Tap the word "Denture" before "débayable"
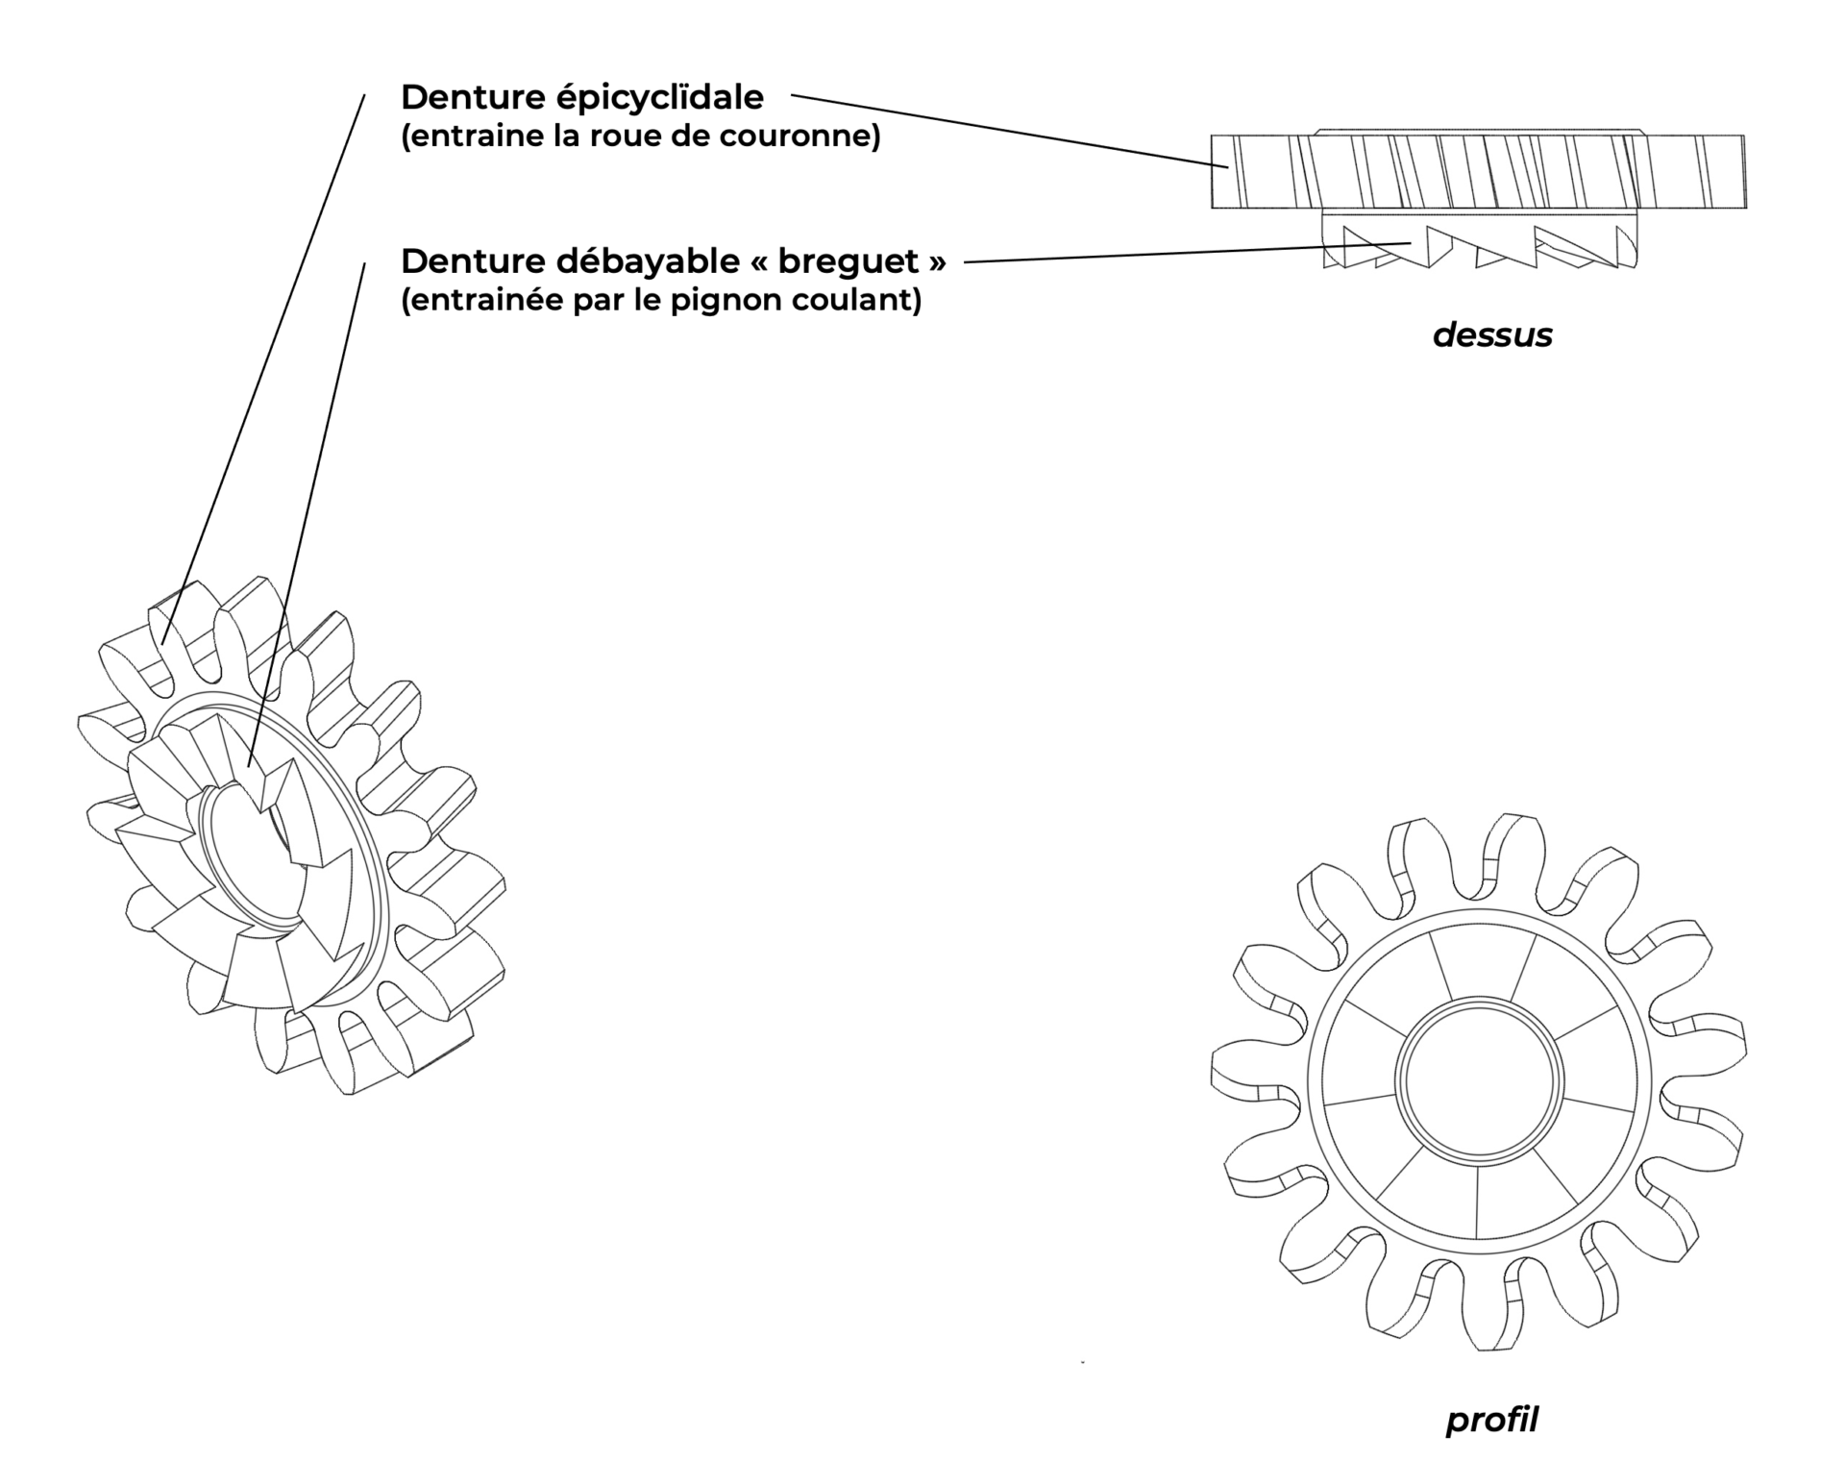pyautogui.click(x=470, y=261)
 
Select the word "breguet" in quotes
pyautogui.click(x=848, y=261)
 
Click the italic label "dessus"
pyautogui.click(x=1491, y=335)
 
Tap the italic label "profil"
pyautogui.click(x=1491, y=1420)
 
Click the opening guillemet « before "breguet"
pyautogui.click(x=760, y=261)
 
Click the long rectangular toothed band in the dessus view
pyautogui.click(x=1478, y=171)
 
